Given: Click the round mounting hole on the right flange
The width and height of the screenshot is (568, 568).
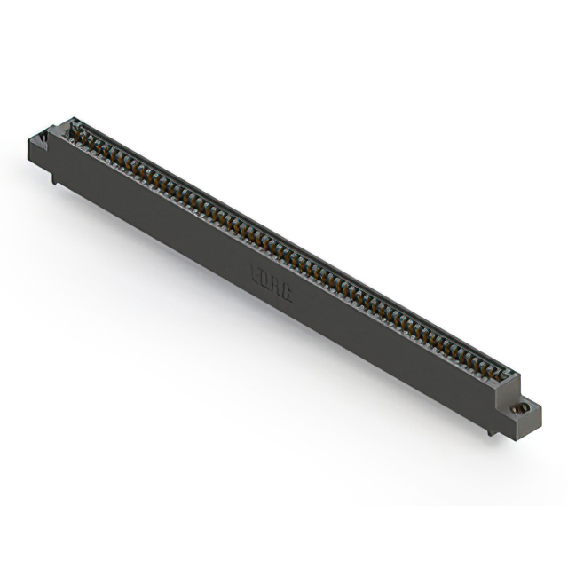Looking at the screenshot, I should click(x=524, y=407).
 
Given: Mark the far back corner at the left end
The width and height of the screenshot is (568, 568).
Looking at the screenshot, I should click(x=75, y=117).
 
